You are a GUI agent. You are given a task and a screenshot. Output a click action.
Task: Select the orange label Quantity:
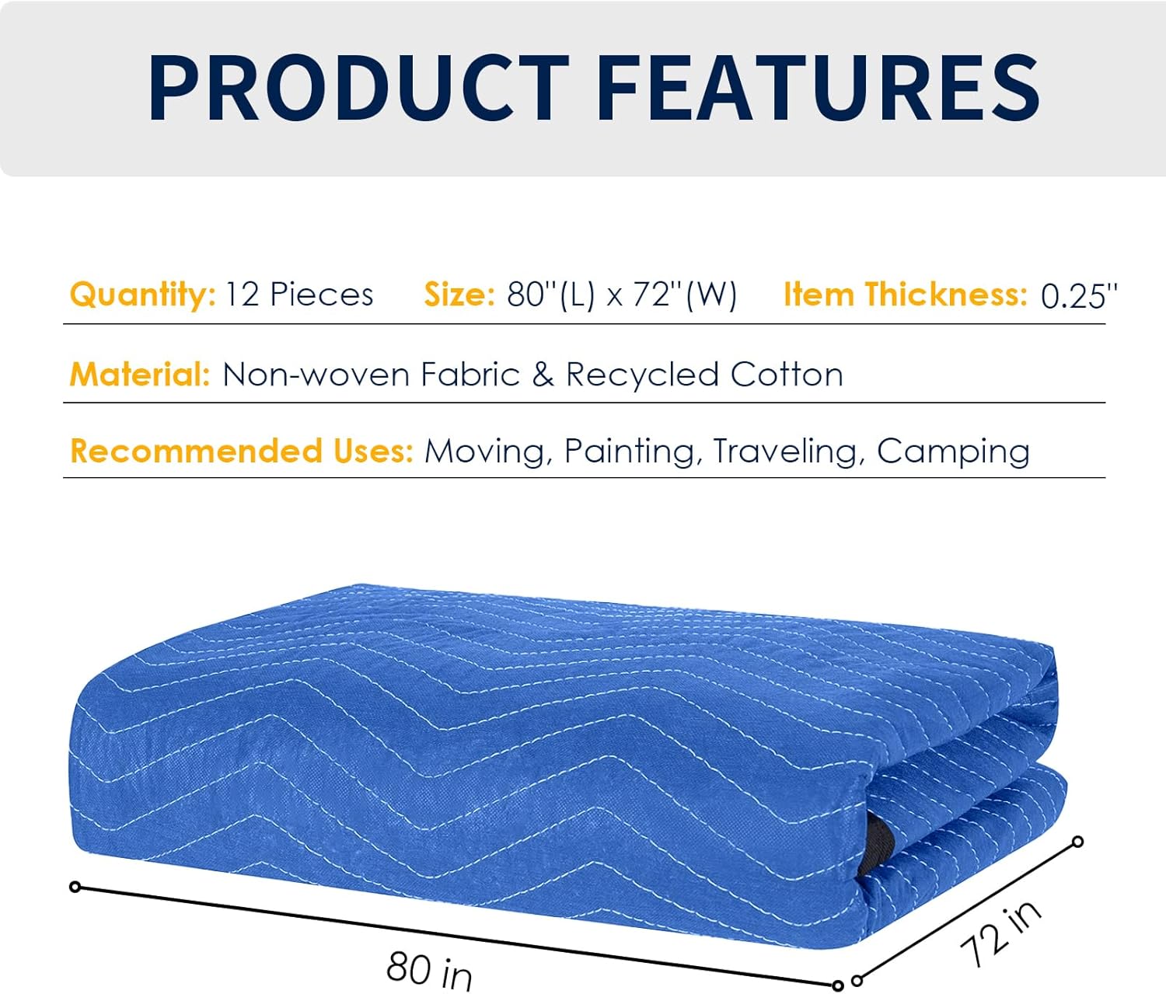point(142,295)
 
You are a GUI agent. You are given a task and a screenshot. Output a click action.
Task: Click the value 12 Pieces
point(299,295)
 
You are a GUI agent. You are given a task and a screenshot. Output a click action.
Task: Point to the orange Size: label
point(459,295)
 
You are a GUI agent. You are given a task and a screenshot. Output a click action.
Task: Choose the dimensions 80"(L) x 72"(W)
point(622,295)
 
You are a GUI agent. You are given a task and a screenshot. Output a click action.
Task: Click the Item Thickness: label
point(906,295)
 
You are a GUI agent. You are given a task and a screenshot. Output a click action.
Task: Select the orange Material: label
point(140,375)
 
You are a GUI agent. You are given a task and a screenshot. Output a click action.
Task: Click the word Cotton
point(787,375)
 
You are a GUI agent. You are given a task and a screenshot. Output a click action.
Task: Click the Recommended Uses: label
point(241,451)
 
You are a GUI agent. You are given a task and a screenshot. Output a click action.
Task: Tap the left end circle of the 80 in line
point(75,887)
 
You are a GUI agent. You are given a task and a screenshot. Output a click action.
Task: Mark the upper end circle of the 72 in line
point(1077,842)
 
